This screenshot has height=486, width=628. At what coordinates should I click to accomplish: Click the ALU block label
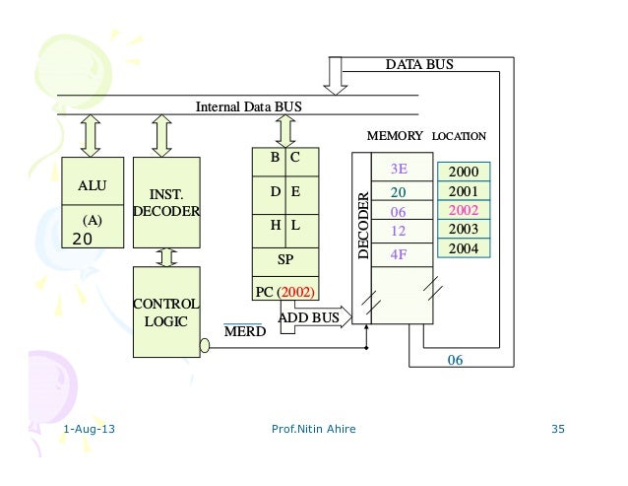pos(93,184)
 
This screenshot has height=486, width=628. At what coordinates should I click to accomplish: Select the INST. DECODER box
pos(166,203)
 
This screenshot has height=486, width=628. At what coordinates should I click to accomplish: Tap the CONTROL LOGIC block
pos(166,312)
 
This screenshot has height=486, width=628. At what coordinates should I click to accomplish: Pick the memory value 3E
pos(399,169)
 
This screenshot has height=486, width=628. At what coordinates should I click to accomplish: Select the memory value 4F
pos(399,253)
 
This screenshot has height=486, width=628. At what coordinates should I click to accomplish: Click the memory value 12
pos(399,231)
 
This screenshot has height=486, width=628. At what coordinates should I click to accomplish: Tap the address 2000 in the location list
pos(463,173)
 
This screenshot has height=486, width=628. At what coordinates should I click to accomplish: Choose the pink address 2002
pos(463,210)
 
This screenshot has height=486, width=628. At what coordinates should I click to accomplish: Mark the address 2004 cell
pos(463,248)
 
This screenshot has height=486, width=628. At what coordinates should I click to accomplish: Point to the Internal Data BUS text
pos(249,105)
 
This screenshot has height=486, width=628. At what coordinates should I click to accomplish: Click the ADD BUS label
pos(309,318)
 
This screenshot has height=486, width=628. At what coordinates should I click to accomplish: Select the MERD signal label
pos(242,333)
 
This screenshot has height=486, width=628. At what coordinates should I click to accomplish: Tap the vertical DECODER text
pos(363,226)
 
